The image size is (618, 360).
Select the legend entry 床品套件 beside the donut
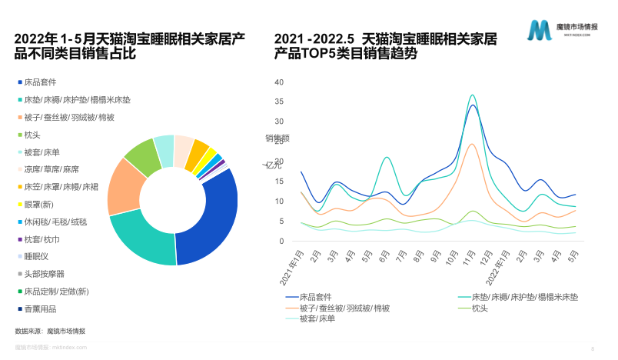pyautogui.click(x=40, y=82)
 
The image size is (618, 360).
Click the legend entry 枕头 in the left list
pyautogui.click(x=32, y=135)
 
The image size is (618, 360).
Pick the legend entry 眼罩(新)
pyautogui.click(x=38, y=204)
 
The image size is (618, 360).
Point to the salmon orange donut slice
pyautogui.click(x=123, y=188)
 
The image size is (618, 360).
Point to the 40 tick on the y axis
pyautogui.click(x=279, y=82)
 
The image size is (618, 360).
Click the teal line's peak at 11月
pyautogui.click(x=473, y=95)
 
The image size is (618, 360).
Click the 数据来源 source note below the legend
pyautogui.click(x=51, y=331)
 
